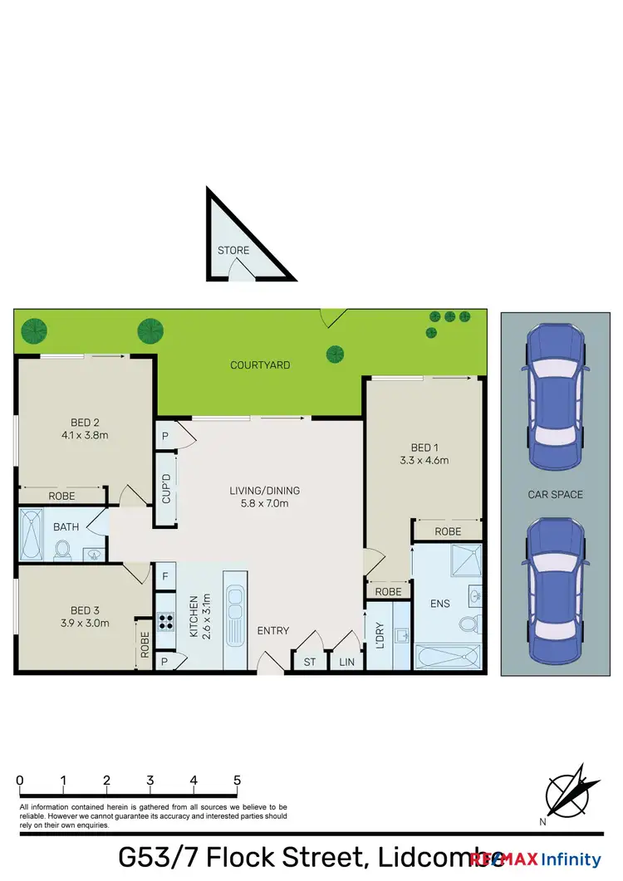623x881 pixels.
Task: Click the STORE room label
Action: pyautogui.click(x=233, y=250)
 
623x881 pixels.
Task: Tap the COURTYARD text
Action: pyautogui.click(x=260, y=365)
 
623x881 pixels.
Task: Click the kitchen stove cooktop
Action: pyautogui.click(x=164, y=621)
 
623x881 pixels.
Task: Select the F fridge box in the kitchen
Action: pyautogui.click(x=164, y=575)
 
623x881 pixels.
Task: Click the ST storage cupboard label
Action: pyautogui.click(x=309, y=661)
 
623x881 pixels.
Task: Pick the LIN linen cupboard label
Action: pyautogui.click(x=346, y=661)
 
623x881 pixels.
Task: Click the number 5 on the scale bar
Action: pyautogui.click(x=238, y=781)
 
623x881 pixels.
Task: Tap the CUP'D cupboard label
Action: pyautogui.click(x=166, y=489)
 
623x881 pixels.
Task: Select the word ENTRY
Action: pyautogui.click(x=272, y=631)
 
